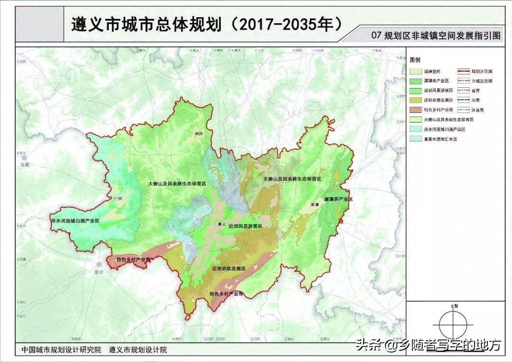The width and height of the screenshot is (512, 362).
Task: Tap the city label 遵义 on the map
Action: [219, 224]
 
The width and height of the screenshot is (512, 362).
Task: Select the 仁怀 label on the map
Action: [118, 199]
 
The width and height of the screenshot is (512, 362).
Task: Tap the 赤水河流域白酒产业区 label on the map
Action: [75, 221]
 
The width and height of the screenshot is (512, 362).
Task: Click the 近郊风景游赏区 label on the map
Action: [245, 226]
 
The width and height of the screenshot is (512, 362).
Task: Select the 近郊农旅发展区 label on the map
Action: [229, 269]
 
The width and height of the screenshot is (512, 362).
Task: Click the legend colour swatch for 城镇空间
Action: [415, 72]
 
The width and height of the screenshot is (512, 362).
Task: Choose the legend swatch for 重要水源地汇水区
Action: [415, 139]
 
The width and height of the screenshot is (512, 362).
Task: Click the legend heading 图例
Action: [415, 60]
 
